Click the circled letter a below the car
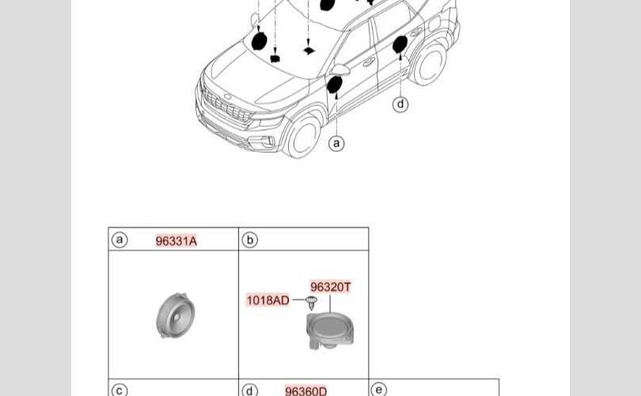click(337, 143)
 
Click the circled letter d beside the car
click(400, 104)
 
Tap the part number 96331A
click(176, 241)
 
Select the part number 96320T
click(330, 287)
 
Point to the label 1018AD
click(267, 300)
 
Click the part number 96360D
click(305, 390)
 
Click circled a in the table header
click(119, 240)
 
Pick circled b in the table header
click(249, 240)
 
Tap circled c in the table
click(119, 390)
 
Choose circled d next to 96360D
click(250, 390)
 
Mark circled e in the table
click(379, 390)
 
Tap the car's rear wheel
click(430, 63)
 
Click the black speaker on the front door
click(334, 84)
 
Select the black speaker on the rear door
click(400, 44)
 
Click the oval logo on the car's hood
click(228, 97)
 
